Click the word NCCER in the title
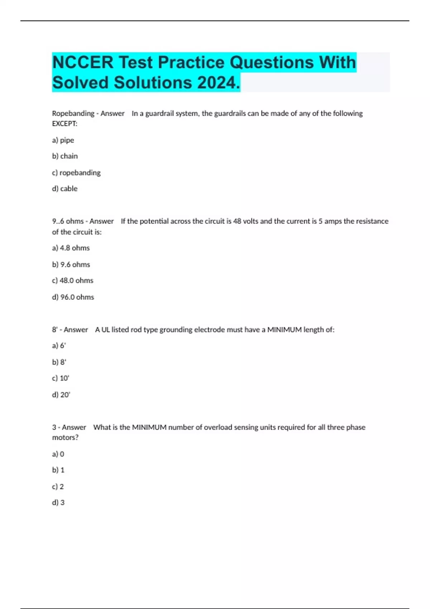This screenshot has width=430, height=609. pos(83,62)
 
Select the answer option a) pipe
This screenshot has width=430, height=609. pos(63,140)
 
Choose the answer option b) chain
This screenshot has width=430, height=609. pos(65,156)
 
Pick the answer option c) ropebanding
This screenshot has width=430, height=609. pos(76,173)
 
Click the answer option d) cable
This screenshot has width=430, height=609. pos(65,189)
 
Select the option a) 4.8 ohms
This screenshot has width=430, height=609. pos(71,248)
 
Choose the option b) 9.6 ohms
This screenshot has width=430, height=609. pos(71,264)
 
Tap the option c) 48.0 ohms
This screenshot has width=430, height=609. pos(73,280)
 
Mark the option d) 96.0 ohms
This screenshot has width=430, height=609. pos(73,297)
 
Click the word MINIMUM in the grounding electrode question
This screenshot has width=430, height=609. pos(285,330)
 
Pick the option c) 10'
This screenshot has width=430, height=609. pos(61,378)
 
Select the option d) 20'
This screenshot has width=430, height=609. pos(61,395)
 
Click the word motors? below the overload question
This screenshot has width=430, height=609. pos(65,437)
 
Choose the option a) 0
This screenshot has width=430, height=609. pos(58,454)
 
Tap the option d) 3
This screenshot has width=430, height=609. pos(58,503)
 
